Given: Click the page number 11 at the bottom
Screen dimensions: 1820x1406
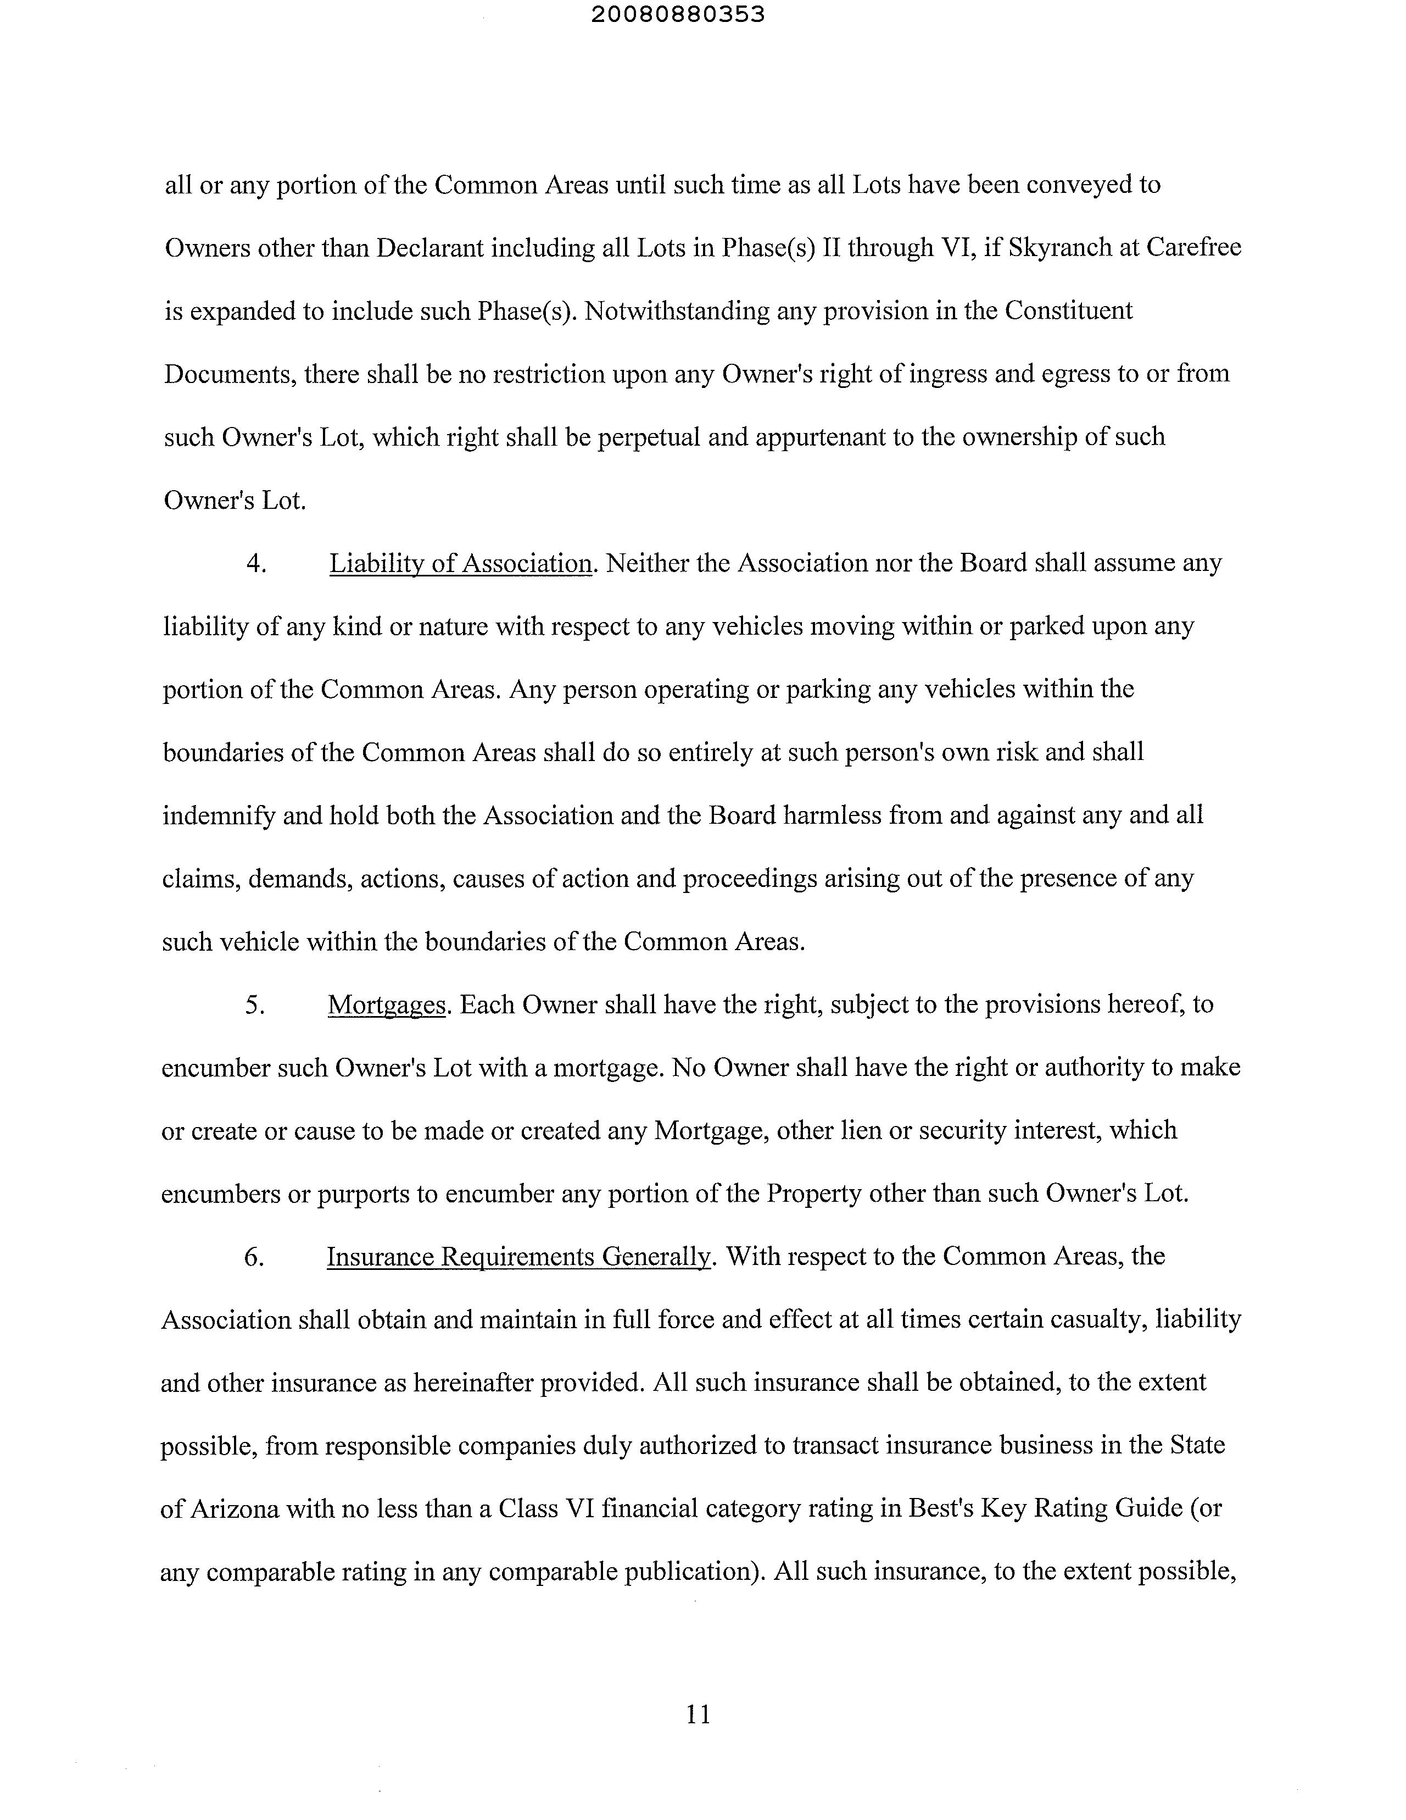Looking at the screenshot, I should tap(698, 1714).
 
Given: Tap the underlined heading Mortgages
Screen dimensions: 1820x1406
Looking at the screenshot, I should tap(387, 1005).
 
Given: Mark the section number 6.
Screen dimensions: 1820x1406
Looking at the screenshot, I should tap(254, 1257).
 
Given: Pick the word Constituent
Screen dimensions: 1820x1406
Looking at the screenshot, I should tap(1069, 311).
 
